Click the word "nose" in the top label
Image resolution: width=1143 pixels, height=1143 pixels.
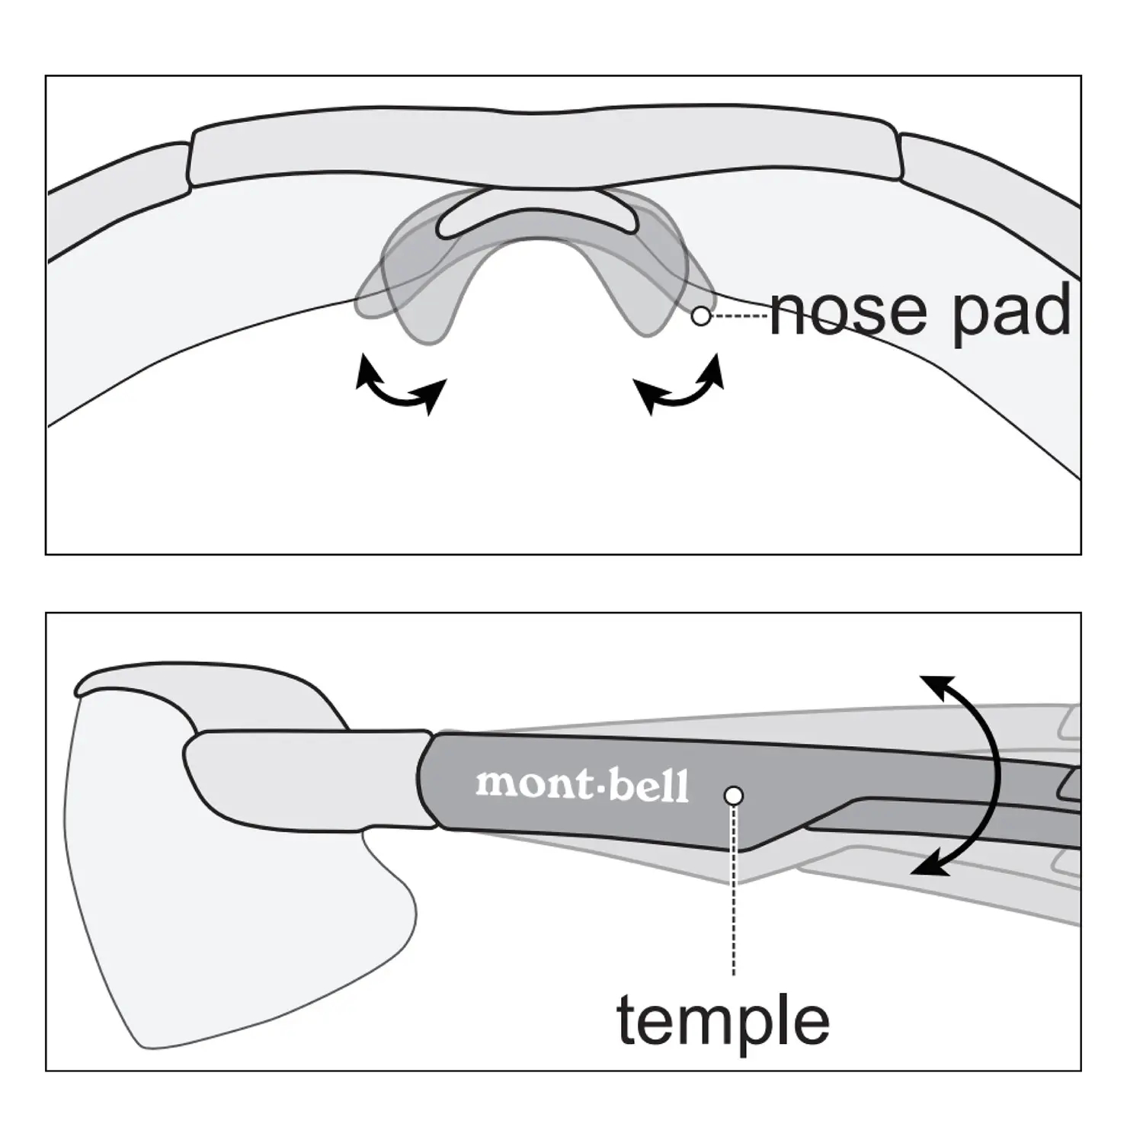pos(852,312)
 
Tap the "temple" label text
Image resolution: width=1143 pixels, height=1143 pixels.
pos(722,1020)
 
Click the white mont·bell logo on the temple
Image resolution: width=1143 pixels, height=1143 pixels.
pos(582,785)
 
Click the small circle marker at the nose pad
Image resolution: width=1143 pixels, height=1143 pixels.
pos(701,315)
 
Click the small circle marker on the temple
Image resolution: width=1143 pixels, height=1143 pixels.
pos(734,796)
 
